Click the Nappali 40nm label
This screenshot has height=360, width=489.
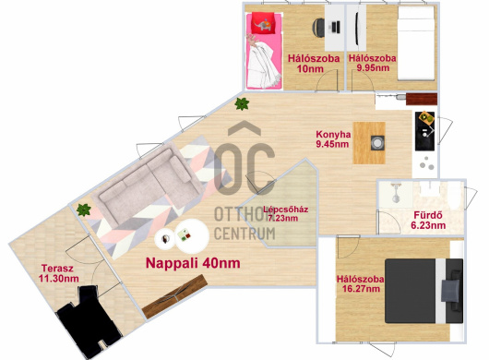193,263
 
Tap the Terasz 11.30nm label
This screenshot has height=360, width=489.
58,273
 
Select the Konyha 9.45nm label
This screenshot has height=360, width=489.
333,139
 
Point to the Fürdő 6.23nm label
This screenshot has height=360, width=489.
428,220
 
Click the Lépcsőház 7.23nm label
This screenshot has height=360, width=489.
285,213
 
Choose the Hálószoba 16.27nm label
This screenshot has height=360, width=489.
360,283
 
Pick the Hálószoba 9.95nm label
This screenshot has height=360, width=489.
373,63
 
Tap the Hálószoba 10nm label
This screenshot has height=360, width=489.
314,64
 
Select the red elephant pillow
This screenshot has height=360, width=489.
264,23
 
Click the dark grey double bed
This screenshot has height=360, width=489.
423,291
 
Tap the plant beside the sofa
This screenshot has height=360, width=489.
84,210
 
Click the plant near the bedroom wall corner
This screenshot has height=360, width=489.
242,104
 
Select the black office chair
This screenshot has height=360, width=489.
318,28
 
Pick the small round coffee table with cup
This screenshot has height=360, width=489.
165,239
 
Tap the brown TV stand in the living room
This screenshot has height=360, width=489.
174,296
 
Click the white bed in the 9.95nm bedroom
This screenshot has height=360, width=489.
416,43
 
